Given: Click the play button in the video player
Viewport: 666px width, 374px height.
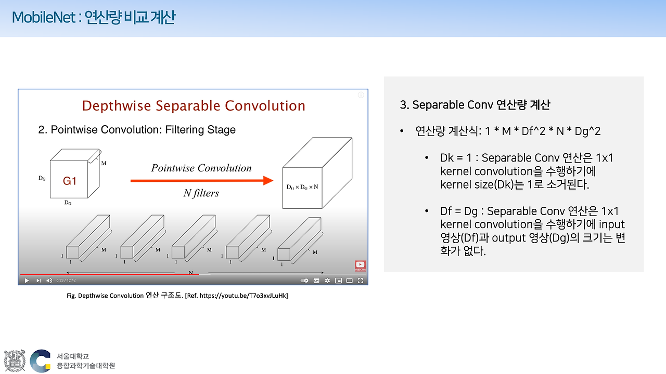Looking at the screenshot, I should [x=27, y=280].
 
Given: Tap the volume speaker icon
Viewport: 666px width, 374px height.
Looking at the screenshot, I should [x=49, y=280].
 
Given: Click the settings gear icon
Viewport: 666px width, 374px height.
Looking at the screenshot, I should [x=327, y=280].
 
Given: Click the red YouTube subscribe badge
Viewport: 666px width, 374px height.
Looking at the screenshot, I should [x=360, y=265].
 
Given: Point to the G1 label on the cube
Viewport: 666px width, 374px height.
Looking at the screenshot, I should [x=70, y=181].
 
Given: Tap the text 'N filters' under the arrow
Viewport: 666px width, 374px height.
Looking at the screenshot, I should [x=201, y=193].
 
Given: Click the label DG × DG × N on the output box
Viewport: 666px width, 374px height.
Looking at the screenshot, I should [x=302, y=186].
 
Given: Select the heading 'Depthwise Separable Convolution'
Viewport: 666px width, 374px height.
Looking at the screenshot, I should [x=194, y=106].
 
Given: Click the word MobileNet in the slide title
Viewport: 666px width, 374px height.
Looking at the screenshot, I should [x=44, y=18].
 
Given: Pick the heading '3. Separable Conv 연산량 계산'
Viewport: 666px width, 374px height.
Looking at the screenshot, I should [x=475, y=105].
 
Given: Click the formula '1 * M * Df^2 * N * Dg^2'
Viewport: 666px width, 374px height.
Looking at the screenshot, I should [x=543, y=131].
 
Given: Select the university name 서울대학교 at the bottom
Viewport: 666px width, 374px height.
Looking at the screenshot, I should [x=73, y=356].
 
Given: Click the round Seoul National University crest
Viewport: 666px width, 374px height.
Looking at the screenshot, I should [x=15, y=360].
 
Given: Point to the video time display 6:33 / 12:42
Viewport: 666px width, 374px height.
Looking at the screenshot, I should [x=66, y=280].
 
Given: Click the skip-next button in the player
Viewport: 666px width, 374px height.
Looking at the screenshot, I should [x=38, y=280].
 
